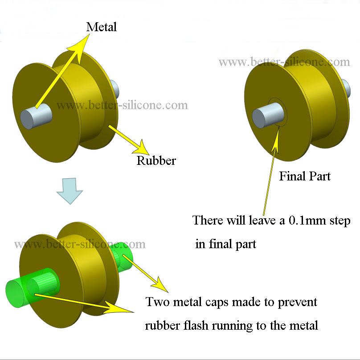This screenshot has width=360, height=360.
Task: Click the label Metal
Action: pos(102,27)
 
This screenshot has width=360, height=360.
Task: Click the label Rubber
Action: pos(156,160)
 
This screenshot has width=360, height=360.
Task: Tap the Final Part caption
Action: pos(305,176)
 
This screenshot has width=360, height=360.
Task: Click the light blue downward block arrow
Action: pos(70,191)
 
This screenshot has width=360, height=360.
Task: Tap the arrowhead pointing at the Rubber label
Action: pos(142,145)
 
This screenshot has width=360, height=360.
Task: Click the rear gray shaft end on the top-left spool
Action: pos(114,88)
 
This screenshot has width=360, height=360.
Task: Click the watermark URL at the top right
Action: pos(284,61)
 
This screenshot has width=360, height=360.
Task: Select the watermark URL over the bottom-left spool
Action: pos(80,244)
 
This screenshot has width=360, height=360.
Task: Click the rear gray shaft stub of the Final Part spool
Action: pos(346,87)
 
